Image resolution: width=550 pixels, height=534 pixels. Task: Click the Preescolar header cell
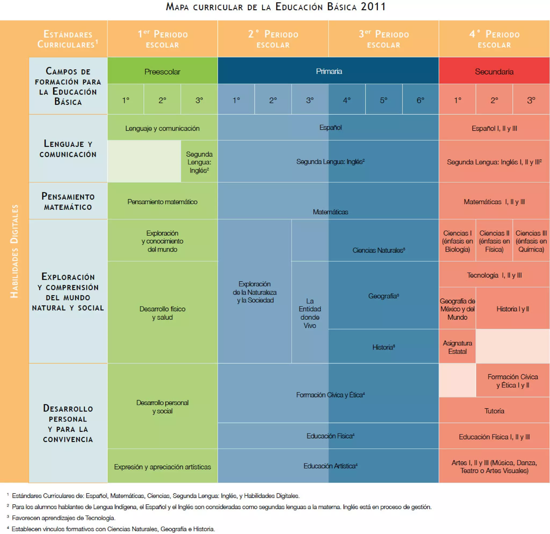pos(162,71)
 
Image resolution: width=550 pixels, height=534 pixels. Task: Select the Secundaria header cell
pos(494,71)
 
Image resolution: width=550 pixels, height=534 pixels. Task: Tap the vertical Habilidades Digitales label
pos(14,251)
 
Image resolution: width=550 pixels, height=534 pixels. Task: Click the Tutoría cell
pos(494,411)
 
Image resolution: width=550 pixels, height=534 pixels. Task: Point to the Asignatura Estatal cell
pos(457,347)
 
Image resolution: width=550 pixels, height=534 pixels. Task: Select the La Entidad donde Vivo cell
pos(310,313)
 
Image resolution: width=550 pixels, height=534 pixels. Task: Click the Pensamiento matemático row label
pos(68,201)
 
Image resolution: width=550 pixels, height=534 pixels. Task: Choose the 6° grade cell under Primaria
pos(420,100)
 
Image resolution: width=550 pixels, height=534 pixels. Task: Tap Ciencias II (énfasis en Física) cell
pos(494,241)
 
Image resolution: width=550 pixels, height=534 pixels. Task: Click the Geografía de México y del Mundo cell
pos(457,309)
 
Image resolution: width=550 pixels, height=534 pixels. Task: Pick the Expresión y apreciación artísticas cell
pos(162,467)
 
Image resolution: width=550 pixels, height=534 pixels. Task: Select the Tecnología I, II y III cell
pos(494,275)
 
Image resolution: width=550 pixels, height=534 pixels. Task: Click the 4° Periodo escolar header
pos(494,39)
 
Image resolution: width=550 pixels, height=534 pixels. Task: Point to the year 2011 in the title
pos(373,7)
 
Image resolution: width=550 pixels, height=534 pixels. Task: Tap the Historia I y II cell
pos(512,309)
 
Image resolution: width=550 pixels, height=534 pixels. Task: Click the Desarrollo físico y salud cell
pos(162,313)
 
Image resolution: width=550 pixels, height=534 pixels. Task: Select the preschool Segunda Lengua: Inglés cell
pos(199,162)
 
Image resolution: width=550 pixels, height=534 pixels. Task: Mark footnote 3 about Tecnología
pos(63,518)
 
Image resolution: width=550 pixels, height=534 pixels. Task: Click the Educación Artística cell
pos(330,466)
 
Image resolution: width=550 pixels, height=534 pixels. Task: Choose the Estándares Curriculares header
pos(68,39)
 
